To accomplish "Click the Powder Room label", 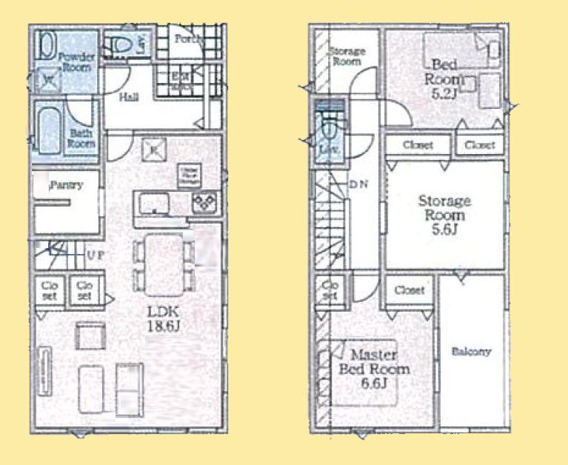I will click(x=76, y=61).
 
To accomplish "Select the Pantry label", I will click(x=65, y=186).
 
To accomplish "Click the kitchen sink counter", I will click(x=153, y=202).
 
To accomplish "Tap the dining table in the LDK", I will click(x=162, y=262).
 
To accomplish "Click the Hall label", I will click(x=127, y=97).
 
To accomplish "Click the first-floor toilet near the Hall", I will click(x=121, y=44).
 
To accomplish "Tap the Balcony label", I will click(x=471, y=352).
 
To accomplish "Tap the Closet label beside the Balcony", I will click(x=409, y=290).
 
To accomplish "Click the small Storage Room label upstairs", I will click(x=347, y=56).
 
